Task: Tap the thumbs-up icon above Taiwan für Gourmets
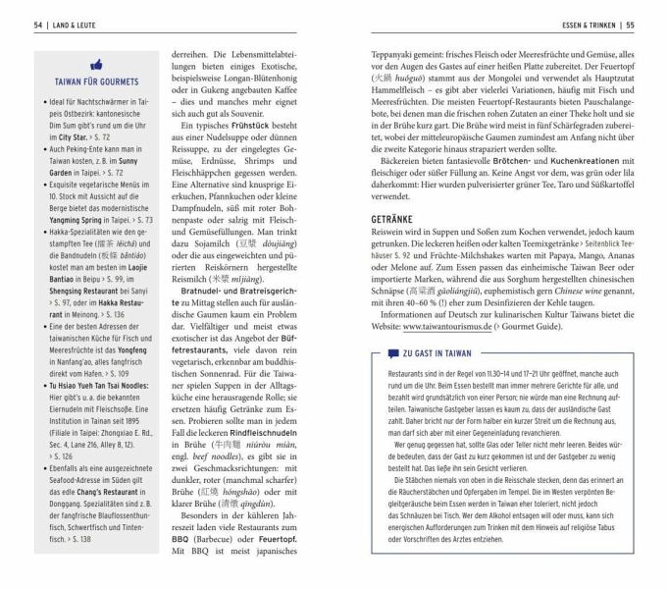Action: [96, 63]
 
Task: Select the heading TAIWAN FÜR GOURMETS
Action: [96, 81]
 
